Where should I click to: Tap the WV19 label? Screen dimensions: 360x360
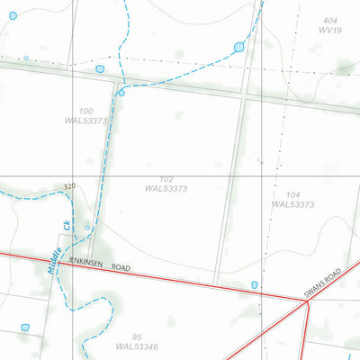[x=331, y=30]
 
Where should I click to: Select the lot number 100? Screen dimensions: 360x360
[x=86, y=111]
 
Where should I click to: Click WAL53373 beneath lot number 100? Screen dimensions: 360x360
[x=86, y=121]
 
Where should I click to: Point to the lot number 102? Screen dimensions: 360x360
[x=165, y=179]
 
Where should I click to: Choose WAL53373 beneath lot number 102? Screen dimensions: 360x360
[x=166, y=189]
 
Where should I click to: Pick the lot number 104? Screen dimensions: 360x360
[x=292, y=194]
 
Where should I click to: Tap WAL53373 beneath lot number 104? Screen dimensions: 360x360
[x=292, y=204]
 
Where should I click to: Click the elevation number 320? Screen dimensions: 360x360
[x=70, y=186]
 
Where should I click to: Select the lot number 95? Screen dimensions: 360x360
[x=137, y=336]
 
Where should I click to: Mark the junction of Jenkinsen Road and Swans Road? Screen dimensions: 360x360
[x=308, y=303]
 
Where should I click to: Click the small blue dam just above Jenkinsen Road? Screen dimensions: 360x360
[x=255, y=285]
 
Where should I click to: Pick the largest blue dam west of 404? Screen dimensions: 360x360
[x=238, y=47]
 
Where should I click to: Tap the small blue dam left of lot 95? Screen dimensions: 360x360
[x=25, y=328]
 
